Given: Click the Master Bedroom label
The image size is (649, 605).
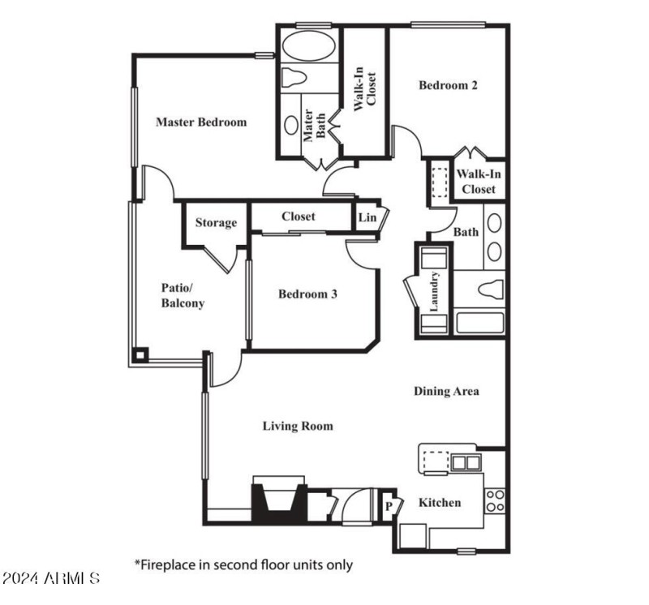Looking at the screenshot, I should coord(200,122).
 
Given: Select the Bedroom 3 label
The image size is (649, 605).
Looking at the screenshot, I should coord(307,294).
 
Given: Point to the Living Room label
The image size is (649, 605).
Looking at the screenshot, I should coord(298,426).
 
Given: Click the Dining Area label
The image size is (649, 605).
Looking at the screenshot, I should coord(446,391).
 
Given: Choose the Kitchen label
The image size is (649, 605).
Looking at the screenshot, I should coord(439,503).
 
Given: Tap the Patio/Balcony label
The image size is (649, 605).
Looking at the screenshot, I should coord(183,296).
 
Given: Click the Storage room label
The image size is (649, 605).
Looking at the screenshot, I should coord(216,223).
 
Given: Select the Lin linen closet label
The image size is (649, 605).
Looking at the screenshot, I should coord(367,217).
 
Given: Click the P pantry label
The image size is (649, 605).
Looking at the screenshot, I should coord(389,505).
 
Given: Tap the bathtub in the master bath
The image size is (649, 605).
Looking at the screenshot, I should coord(307,46).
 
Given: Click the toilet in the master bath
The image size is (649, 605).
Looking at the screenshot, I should coord(293,78).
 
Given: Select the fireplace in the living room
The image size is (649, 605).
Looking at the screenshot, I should coord(278,500).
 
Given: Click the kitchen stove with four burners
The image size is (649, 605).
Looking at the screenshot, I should coord(495,500).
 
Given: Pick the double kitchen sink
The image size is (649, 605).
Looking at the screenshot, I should coord(466,463).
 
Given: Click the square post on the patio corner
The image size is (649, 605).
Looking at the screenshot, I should coord(140,354).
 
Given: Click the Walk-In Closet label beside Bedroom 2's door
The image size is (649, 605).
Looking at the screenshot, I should coord(477,182).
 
